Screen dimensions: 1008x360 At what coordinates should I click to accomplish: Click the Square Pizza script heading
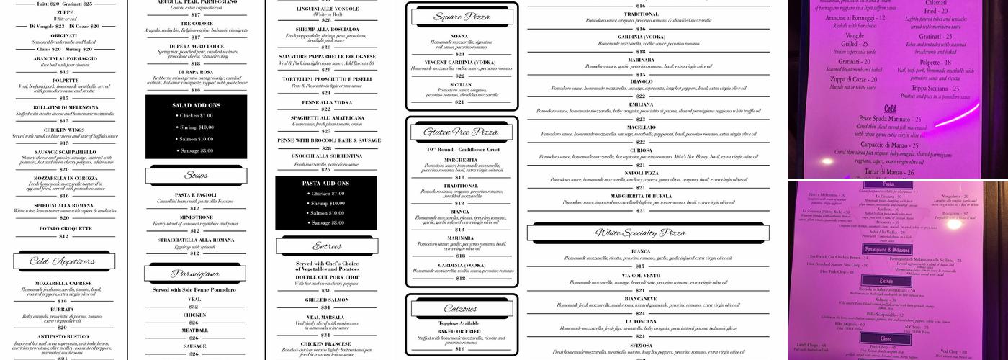coord(462,17)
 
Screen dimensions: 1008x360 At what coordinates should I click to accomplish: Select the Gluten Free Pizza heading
coord(462,132)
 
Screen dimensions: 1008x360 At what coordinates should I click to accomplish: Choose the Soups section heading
coord(196,176)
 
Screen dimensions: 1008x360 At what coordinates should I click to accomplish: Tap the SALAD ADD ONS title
coord(196,104)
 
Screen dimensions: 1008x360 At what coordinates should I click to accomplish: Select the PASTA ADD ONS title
coord(326,184)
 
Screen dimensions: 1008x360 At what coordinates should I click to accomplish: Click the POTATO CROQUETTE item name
coord(64,228)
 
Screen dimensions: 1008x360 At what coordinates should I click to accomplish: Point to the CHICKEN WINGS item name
coord(64,130)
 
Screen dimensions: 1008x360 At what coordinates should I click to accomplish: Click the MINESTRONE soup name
coord(196,217)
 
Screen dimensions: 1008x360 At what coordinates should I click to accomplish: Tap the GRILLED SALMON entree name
coord(326,299)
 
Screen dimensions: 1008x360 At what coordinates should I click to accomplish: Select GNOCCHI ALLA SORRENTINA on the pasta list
coord(326,156)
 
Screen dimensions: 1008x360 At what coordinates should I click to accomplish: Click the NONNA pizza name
coord(459,36)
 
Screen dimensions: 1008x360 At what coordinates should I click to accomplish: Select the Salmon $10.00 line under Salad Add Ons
coord(195,138)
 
